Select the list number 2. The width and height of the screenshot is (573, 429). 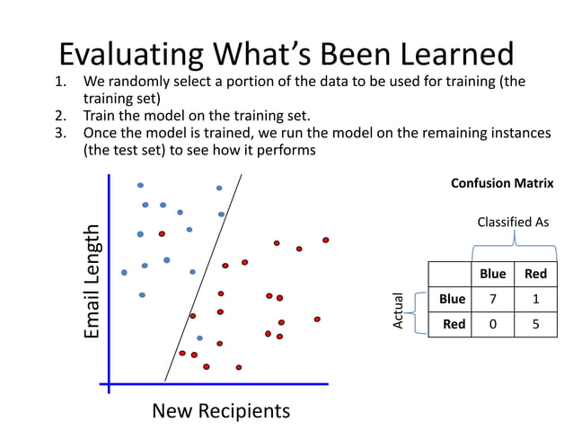click(x=60, y=116)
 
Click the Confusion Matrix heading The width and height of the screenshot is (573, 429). click(x=501, y=183)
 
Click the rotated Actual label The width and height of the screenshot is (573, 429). click(x=399, y=311)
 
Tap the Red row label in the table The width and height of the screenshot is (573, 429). click(x=454, y=324)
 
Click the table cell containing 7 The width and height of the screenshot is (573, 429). click(x=493, y=299)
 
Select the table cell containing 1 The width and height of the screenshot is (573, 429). click(x=535, y=299)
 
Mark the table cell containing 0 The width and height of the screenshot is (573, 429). click(x=493, y=324)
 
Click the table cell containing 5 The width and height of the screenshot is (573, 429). click(x=535, y=324)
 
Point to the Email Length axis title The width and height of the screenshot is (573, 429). click(x=92, y=282)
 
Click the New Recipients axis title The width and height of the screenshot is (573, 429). click(x=221, y=411)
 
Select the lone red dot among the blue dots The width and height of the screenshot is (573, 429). click(x=162, y=233)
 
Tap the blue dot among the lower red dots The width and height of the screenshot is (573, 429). click(x=199, y=338)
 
